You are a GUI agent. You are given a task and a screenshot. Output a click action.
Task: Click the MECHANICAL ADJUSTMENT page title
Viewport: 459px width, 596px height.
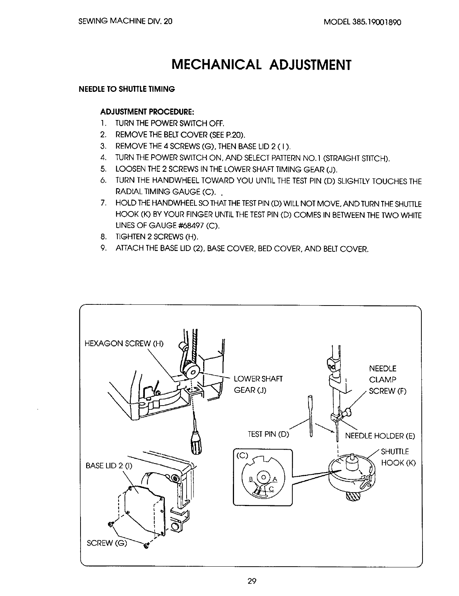[261, 65]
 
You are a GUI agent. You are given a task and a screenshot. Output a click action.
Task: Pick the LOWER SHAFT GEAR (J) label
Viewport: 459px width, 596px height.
[258, 384]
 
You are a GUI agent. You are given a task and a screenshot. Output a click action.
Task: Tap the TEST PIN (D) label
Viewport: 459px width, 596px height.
[268, 434]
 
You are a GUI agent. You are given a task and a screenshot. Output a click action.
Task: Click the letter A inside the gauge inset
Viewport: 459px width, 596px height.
[275, 479]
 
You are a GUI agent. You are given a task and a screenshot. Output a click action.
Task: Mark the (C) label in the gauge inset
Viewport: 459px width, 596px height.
[242, 456]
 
